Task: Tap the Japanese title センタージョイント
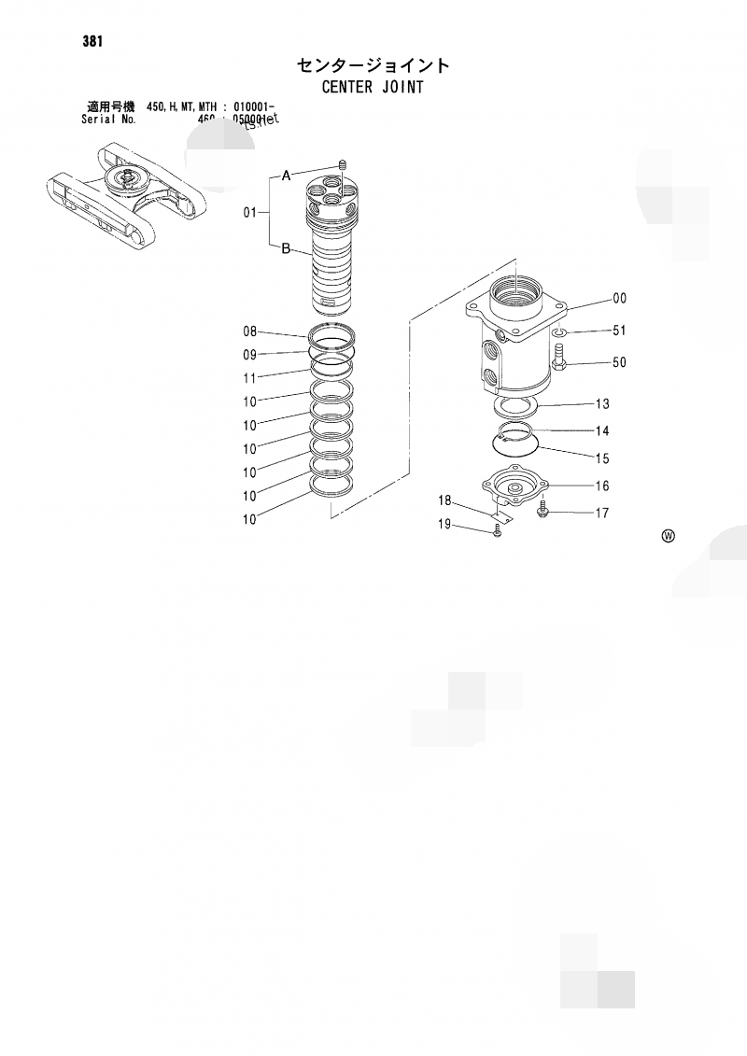coord(373,65)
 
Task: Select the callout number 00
coord(619,299)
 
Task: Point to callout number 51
coord(619,331)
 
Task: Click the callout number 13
coord(602,404)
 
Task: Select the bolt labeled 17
coord(543,509)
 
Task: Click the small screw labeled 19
coord(496,530)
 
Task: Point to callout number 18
coord(445,500)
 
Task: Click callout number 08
coord(249,331)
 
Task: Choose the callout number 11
coord(249,378)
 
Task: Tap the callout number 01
coord(249,213)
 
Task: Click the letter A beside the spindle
coord(287,175)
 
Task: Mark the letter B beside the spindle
coord(287,248)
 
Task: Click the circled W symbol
coord(668,536)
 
